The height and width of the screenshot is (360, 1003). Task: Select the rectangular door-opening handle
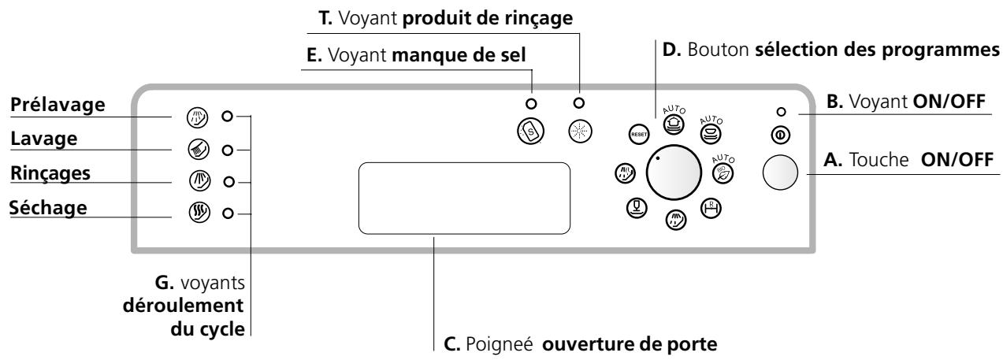click(x=464, y=198)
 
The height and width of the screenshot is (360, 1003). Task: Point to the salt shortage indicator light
click(x=531, y=103)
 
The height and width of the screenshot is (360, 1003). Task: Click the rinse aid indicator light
click(x=581, y=103)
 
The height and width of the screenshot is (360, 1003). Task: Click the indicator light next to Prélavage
click(x=227, y=117)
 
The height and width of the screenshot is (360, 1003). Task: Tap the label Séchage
click(x=47, y=208)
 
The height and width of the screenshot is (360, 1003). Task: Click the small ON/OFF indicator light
click(x=780, y=110)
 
